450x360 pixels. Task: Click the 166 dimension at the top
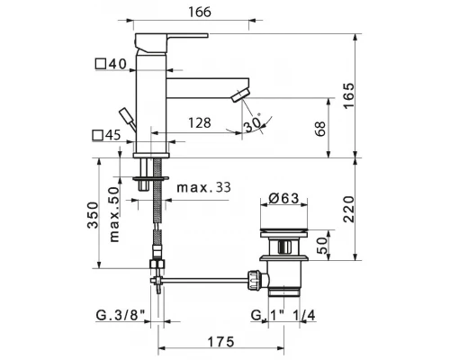coord(200,12)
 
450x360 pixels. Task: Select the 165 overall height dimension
coord(348,95)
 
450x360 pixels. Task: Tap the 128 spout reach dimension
coord(200,123)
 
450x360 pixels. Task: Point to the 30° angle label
coord(252,123)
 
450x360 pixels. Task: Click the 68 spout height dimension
coord(320,129)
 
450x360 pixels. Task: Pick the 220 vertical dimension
coord(348,209)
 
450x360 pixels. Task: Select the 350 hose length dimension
coord(93,215)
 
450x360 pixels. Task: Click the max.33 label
coord(204,188)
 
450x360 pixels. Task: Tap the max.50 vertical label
coord(114,214)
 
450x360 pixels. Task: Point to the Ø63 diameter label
coord(283,198)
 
